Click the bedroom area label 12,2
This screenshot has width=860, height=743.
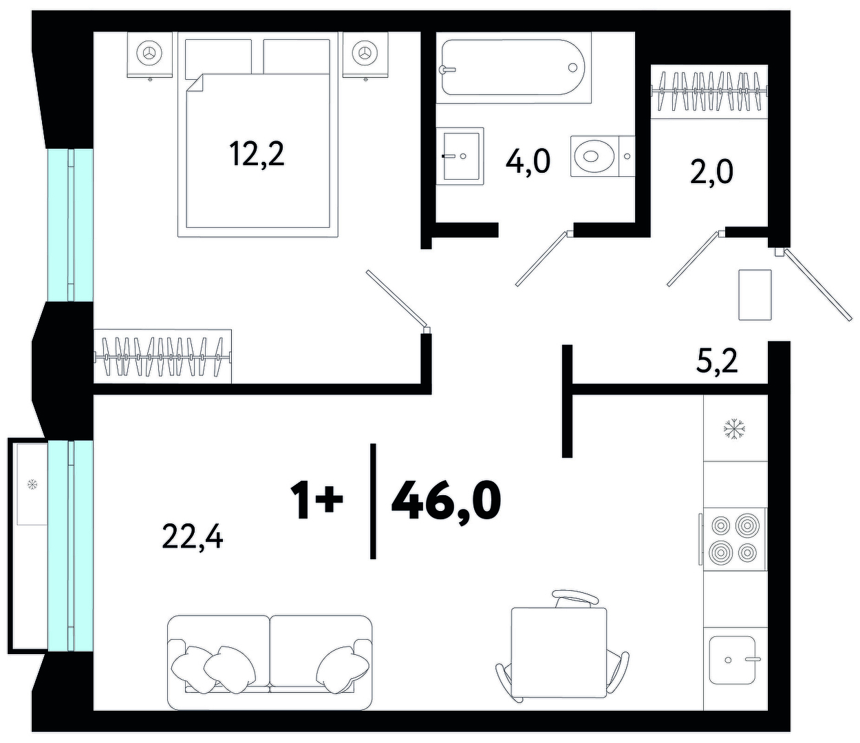pyautogui.click(x=257, y=154)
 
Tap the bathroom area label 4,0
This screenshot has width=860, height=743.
pyautogui.click(x=528, y=162)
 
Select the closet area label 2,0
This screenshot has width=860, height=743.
pyautogui.click(x=711, y=171)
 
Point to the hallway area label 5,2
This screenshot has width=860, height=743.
pyautogui.click(x=716, y=361)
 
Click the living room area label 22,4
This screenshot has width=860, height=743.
pyautogui.click(x=193, y=537)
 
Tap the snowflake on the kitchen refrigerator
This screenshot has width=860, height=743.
pyautogui.click(x=734, y=430)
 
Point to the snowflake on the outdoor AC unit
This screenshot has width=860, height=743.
pyautogui.click(x=32, y=484)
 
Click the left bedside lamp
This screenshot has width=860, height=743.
pyautogui.click(x=149, y=53)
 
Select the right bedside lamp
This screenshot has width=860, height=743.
pyautogui.click(x=365, y=53)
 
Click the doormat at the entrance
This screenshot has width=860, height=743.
pyautogui.click(x=755, y=295)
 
